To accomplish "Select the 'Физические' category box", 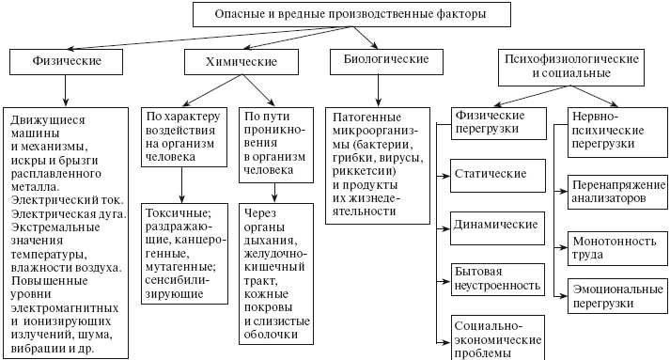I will click(x=67, y=62).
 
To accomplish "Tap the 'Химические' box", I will click(x=241, y=62).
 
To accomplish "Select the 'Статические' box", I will click(x=499, y=175).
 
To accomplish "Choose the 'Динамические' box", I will click(x=499, y=226).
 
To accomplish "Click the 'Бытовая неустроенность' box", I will click(x=499, y=276).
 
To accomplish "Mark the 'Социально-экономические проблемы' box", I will click(x=499, y=335).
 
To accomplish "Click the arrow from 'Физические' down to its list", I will click(x=66, y=90).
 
